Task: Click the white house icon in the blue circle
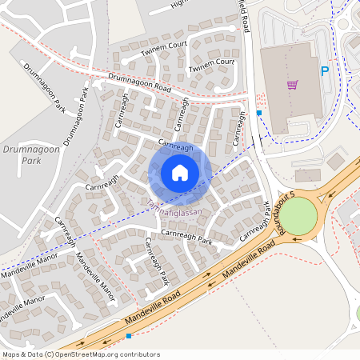coord(180,173)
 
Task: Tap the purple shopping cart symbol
coord(293,84)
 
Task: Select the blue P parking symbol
coord(325,71)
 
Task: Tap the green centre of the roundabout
coord(298,216)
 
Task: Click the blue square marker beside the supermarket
coord(259,113)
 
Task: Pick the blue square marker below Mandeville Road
coord(128,336)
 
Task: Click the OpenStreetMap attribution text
coord(80,354)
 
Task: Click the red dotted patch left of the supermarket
coord(259,99)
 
